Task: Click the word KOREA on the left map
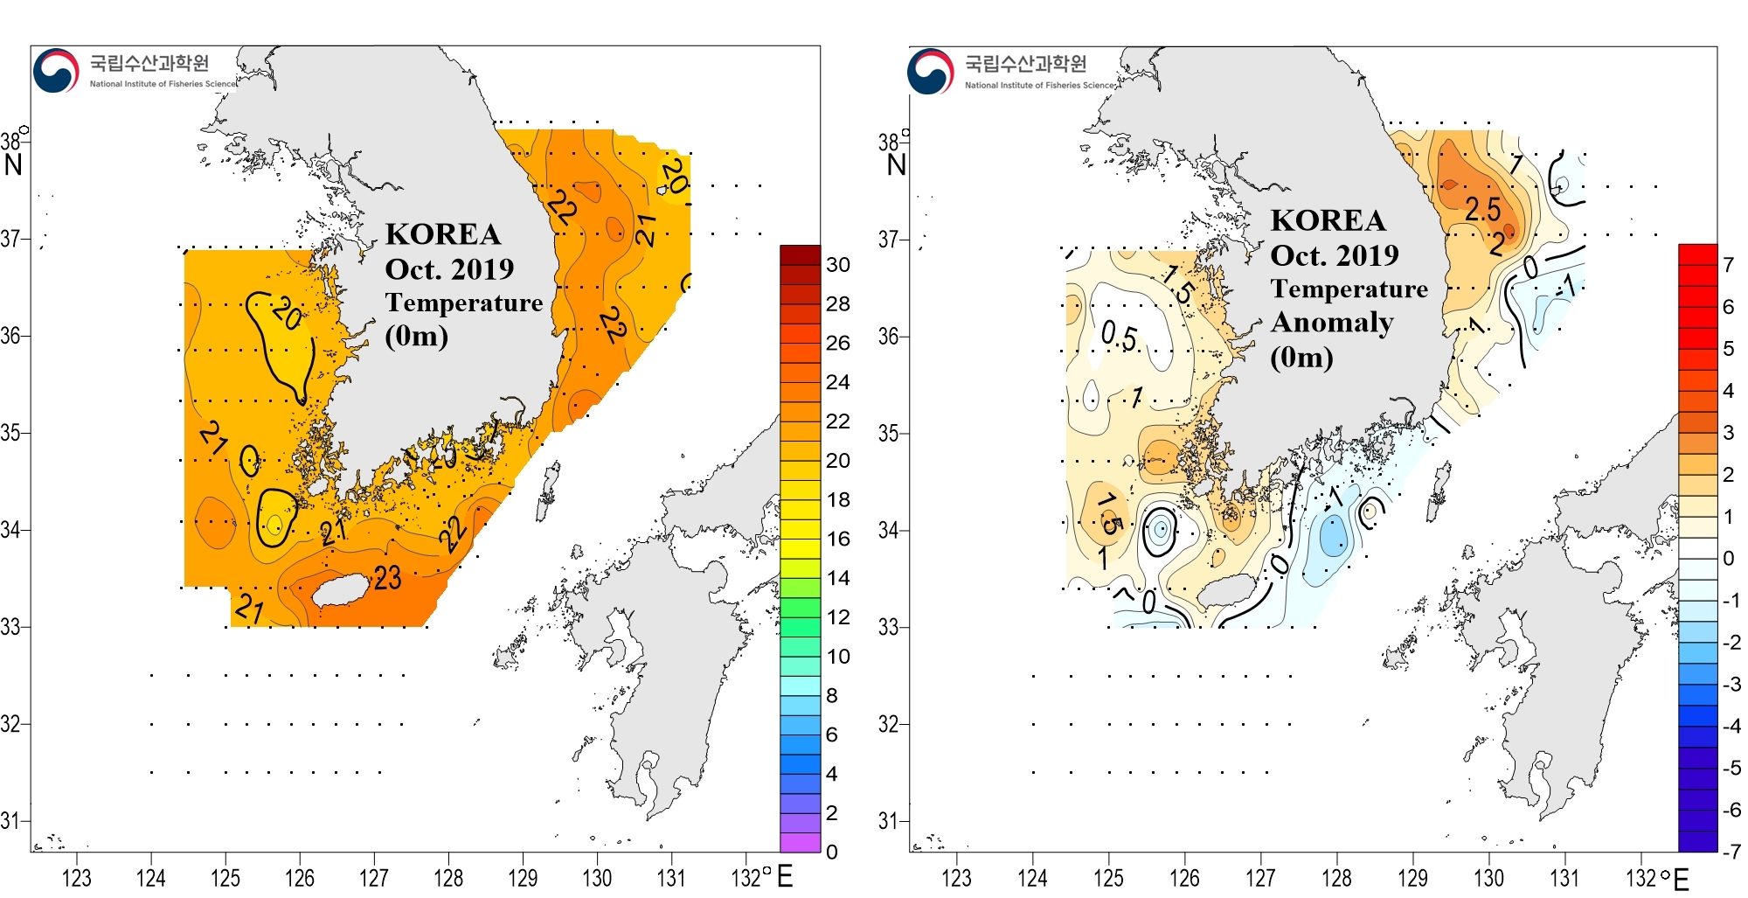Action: pyautogui.click(x=443, y=234)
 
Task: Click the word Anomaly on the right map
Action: pyautogui.click(x=1332, y=323)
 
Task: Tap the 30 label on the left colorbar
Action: pyautogui.click(x=837, y=265)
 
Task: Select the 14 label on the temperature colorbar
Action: pyautogui.click(x=837, y=578)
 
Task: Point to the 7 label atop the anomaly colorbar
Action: pyautogui.click(x=1728, y=265)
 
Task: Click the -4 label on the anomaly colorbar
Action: pyautogui.click(x=1731, y=726)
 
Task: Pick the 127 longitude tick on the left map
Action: pyautogui.click(x=374, y=878)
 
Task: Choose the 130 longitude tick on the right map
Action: pyautogui.click(x=1488, y=878)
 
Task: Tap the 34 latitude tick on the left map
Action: pyautogui.click(x=10, y=530)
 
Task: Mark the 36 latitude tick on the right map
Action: pyautogui.click(x=888, y=336)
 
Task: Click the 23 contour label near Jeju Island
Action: pyautogui.click(x=387, y=578)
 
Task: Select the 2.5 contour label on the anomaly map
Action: pyautogui.click(x=1482, y=210)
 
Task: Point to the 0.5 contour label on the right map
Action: pyautogui.click(x=1119, y=336)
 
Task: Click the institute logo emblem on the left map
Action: pyautogui.click(x=56, y=71)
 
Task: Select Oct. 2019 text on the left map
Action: pyautogui.click(x=449, y=269)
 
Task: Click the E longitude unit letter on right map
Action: pyautogui.click(x=1681, y=880)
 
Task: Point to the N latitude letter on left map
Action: pyautogui.click(x=13, y=165)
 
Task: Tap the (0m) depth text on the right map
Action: pyautogui.click(x=1301, y=358)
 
